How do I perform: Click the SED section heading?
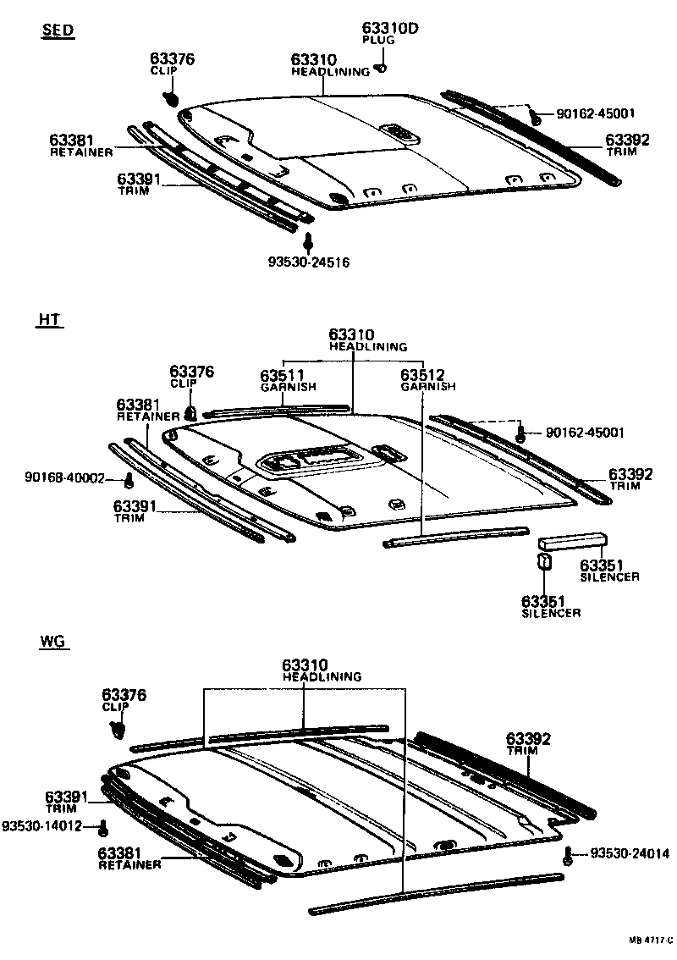(x=58, y=31)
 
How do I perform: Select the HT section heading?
(x=50, y=319)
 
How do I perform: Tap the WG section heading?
(x=52, y=641)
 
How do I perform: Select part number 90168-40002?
(x=64, y=479)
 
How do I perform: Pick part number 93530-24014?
(x=627, y=854)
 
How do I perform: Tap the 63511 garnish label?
(x=283, y=375)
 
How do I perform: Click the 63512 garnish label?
(x=422, y=375)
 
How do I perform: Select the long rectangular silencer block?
(x=573, y=539)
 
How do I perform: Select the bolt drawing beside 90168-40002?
(x=129, y=481)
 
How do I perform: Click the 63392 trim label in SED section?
(x=627, y=140)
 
